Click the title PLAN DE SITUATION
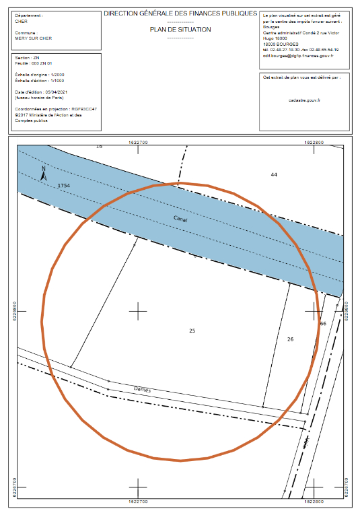point(180,30)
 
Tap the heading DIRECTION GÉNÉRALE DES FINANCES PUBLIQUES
point(180,13)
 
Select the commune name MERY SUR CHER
point(33,38)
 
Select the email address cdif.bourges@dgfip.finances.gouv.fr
point(300,56)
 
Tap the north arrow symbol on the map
point(43,174)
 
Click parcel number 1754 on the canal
point(64,184)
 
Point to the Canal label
point(180,219)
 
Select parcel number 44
point(273,175)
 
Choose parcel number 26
point(290,339)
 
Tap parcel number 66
point(323,324)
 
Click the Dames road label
point(142,389)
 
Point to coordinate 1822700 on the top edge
point(138,142)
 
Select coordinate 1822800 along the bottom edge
point(315,501)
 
